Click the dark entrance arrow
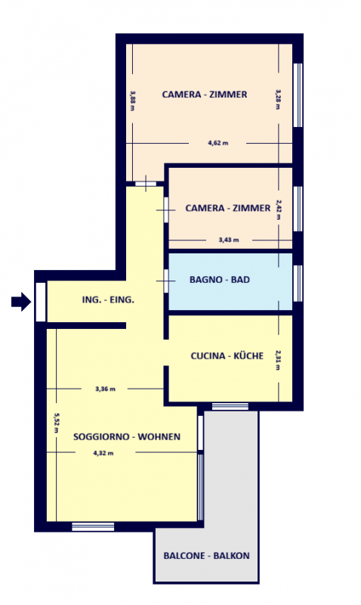pyautogui.click(x=21, y=301)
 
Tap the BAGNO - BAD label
pyautogui.click(x=220, y=279)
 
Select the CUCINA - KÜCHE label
pyautogui.click(x=227, y=355)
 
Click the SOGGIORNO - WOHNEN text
pyautogui.click(x=127, y=436)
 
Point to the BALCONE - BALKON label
pyautogui.click(x=206, y=556)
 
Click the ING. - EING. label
pyautogui.click(x=108, y=299)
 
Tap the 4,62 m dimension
pyautogui.click(x=218, y=143)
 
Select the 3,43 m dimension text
pyautogui.click(x=229, y=240)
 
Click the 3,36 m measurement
pyautogui.click(x=105, y=389)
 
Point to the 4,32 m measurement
pyautogui.click(x=103, y=453)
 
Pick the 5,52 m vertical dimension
pyautogui.click(x=56, y=423)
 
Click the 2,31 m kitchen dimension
pyautogui.click(x=278, y=360)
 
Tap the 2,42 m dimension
pyautogui.click(x=279, y=209)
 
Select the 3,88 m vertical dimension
pyautogui.click(x=132, y=101)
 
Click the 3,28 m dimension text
pyautogui.click(x=278, y=100)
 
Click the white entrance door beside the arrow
pyautogui.click(x=41, y=302)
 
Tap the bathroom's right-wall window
pyautogui.click(x=298, y=283)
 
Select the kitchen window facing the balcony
pyautogui.click(x=230, y=406)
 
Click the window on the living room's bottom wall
pyautogui.click(x=93, y=526)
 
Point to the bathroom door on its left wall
pyautogui.click(x=166, y=281)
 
